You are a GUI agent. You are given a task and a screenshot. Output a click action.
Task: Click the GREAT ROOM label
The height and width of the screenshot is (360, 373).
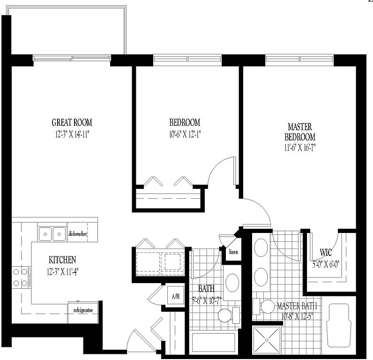(72, 122)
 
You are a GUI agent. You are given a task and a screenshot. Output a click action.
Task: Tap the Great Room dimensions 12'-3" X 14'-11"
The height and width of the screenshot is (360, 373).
(72, 135)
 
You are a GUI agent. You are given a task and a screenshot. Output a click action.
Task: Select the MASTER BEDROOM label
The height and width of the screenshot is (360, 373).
(300, 132)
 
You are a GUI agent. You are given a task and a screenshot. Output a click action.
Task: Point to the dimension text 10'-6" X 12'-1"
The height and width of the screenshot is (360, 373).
(185, 135)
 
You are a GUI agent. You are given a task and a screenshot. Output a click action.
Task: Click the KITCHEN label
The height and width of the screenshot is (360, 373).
(62, 260)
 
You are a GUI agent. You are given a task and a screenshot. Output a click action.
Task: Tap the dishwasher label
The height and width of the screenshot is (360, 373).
(77, 234)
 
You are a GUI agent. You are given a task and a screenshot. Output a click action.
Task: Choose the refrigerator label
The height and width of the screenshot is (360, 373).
(83, 310)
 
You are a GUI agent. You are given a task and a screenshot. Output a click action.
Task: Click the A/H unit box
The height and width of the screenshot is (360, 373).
(176, 295)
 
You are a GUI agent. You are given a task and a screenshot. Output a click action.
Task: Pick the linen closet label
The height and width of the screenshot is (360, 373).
(233, 252)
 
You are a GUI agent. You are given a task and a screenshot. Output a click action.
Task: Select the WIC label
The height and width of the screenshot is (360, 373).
(326, 253)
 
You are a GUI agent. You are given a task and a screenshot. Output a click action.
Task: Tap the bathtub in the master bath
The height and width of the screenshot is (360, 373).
(339, 325)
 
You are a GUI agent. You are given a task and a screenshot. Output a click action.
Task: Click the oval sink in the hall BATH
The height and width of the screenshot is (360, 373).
(232, 283)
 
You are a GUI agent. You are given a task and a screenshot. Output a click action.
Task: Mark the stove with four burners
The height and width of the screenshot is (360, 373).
(22, 277)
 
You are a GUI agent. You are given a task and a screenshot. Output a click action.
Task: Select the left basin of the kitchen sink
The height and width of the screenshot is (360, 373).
(45, 234)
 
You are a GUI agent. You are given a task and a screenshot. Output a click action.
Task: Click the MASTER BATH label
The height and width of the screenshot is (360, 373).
(297, 306)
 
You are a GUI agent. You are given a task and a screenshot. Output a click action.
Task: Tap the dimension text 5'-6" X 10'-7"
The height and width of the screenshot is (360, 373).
(207, 301)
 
